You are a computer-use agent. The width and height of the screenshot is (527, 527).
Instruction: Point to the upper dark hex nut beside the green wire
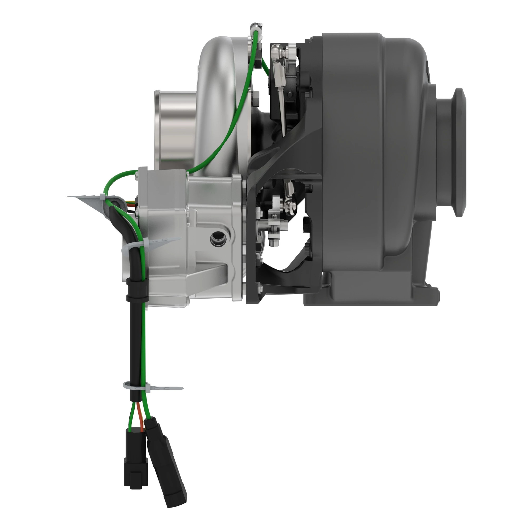click(x=256, y=95)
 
